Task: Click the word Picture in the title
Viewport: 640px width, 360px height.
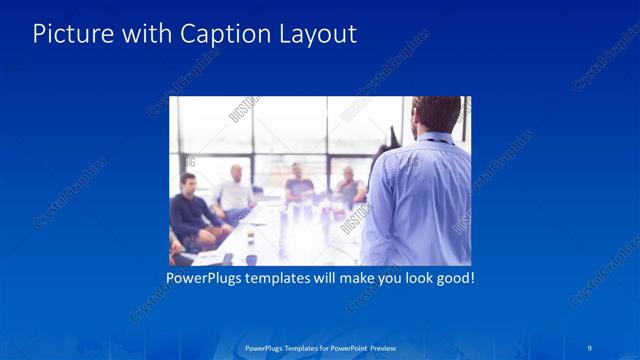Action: tap(66, 34)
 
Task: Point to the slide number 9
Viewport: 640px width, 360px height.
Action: tap(590, 347)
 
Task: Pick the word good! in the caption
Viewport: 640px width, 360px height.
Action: tap(454, 277)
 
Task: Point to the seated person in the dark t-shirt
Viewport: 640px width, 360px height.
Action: tap(299, 185)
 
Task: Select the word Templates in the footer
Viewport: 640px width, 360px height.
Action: tap(296, 348)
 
